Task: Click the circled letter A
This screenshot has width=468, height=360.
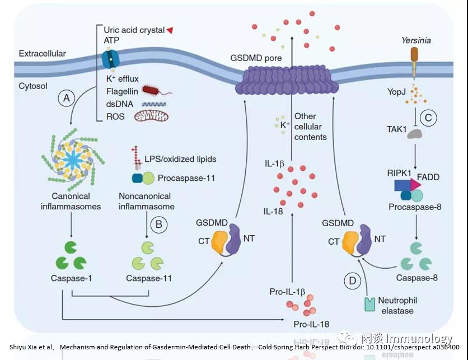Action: tap(67, 99)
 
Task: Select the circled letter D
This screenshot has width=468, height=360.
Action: tap(353, 280)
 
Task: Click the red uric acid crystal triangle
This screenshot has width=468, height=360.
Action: tap(170, 30)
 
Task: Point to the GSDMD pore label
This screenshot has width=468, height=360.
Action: tap(256, 58)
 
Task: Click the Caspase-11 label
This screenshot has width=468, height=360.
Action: tap(148, 278)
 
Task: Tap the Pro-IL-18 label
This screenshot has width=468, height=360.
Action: tap(312, 325)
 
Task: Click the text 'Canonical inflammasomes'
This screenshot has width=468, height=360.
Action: tap(71, 202)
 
